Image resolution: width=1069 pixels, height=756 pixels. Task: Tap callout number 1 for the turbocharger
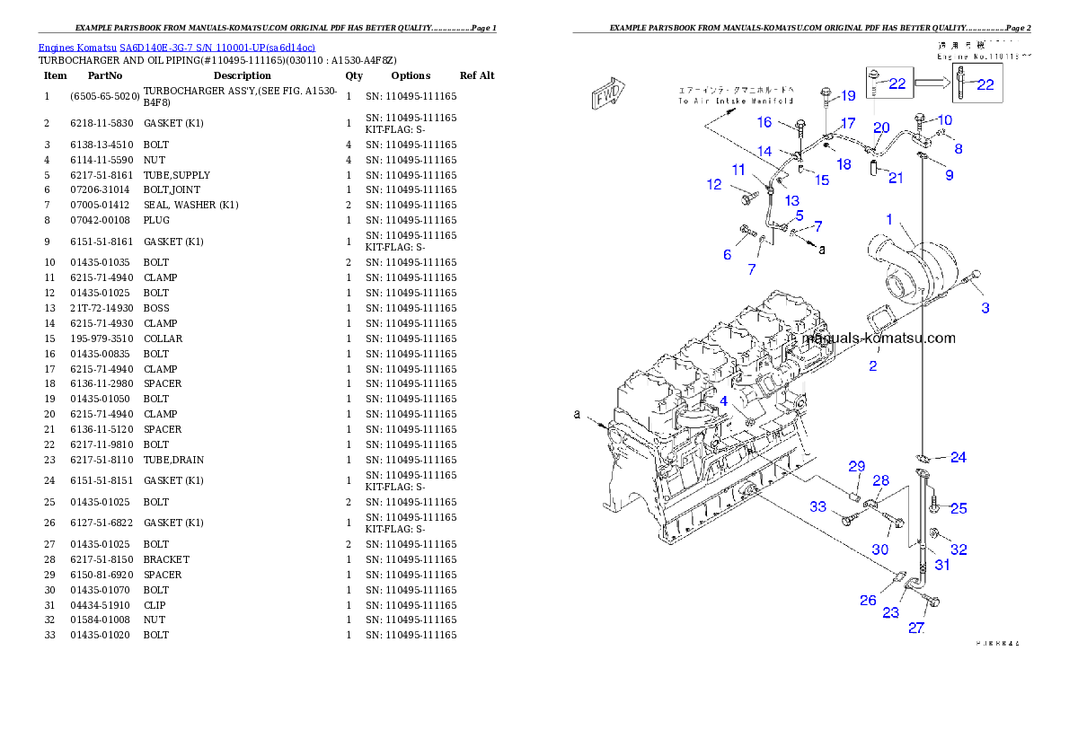pos(889,219)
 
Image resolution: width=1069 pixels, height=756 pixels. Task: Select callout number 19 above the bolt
pos(848,96)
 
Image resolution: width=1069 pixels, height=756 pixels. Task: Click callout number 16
pos(764,122)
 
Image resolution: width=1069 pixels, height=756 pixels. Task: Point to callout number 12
pos(714,185)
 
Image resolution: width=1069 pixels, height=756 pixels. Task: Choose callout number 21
pos(896,178)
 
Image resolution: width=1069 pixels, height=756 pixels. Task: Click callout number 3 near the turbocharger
pos(985,308)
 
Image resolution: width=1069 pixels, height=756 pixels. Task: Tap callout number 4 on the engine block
pos(723,401)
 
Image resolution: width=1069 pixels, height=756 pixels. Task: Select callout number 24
pos(959,458)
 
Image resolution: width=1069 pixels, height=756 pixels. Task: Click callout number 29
pos(857,466)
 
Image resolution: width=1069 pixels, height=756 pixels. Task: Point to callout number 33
pos(817,507)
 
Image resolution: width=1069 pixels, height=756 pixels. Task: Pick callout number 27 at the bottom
pos(915,628)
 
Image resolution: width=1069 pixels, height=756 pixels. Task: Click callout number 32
pos(959,549)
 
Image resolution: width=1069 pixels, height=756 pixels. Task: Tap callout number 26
pos(868,600)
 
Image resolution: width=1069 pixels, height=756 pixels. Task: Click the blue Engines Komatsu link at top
pos(176,47)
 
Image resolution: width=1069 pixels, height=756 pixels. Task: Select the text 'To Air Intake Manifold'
pos(736,101)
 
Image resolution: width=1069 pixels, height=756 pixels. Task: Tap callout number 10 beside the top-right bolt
pos(944,120)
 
